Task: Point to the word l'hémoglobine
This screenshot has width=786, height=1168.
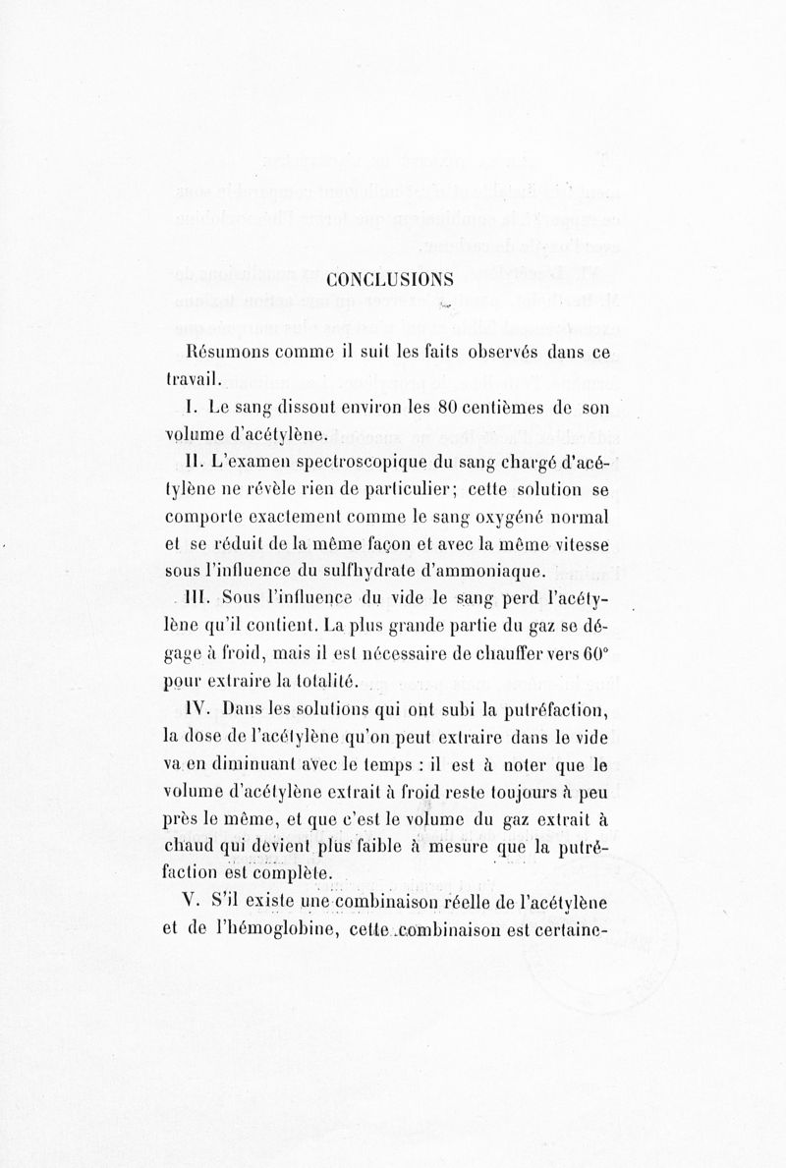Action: pyautogui.click(x=264, y=925)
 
